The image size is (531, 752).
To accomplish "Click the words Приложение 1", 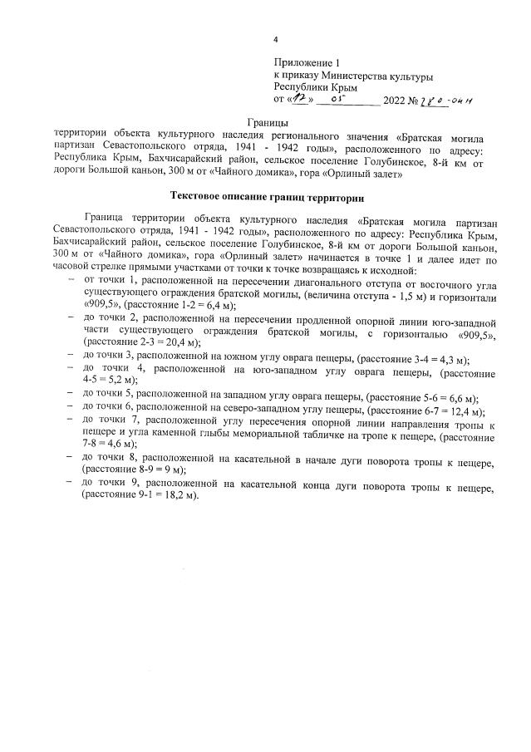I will pyautogui.click(x=307, y=63).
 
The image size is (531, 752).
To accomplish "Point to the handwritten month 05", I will pyautogui.click(x=338, y=100).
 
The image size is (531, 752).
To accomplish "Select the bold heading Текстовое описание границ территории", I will pyautogui.click(x=267, y=197).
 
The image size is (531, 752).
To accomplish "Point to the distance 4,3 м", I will pyautogui.click(x=445, y=358).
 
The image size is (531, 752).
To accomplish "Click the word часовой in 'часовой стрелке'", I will pyautogui.click(x=71, y=272).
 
